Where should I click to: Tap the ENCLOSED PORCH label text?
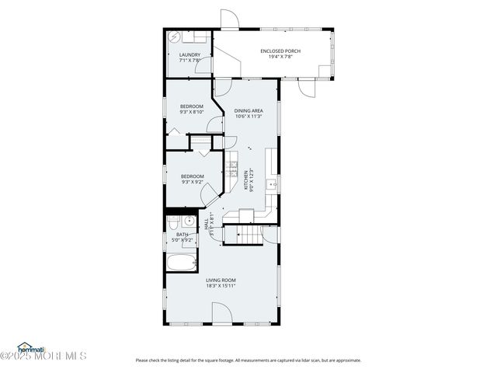(x=280, y=51)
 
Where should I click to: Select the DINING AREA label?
(x=248, y=111)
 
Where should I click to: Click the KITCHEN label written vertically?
(x=246, y=180)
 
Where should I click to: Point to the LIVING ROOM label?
(x=221, y=280)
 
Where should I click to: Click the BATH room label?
(x=182, y=234)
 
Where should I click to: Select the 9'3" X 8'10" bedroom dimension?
(x=192, y=112)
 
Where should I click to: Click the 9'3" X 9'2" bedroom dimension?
(x=192, y=182)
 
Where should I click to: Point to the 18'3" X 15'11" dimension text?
(x=221, y=285)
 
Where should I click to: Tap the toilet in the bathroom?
(x=172, y=224)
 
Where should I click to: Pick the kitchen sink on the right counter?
(x=270, y=184)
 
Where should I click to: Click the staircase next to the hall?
(x=241, y=233)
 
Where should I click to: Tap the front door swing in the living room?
(x=223, y=315)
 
